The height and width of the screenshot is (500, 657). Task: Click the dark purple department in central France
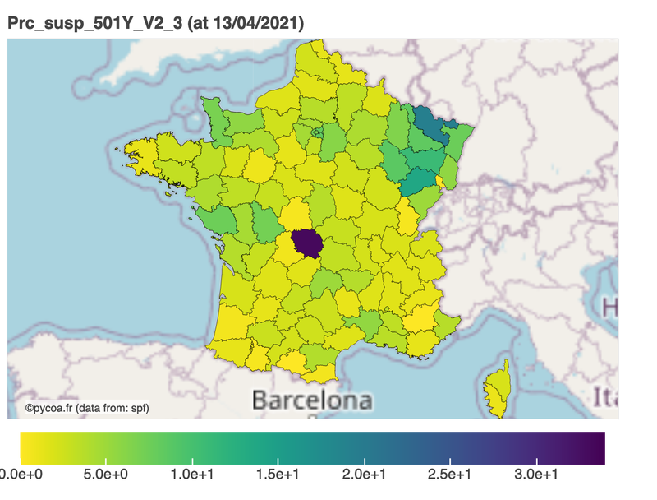click(306, 242)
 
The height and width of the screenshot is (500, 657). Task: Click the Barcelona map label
click(311, 400)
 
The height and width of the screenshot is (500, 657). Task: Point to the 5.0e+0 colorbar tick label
click(106, 475)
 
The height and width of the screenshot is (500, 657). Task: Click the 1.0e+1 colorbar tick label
click(191, 475)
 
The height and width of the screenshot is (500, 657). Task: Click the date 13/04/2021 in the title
click(256, 24)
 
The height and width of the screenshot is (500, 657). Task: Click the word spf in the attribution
click(137, 407)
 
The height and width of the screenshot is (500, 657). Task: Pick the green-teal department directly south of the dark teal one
click(420, 179)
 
